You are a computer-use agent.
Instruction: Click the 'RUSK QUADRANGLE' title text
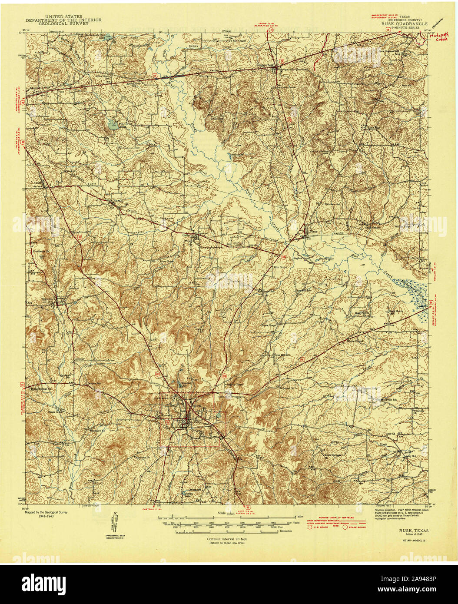pyautogui.click(x=405, y=24)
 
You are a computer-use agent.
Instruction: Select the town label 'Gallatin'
pyautogui.click(x=190, y=234)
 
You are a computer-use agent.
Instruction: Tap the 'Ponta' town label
pyautogui.click(x=313, y=232)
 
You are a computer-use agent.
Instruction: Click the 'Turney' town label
pyautogui.click(x=119, y=202)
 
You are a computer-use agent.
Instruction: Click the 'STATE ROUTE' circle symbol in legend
pyautogui.click(x=346, y=527)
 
